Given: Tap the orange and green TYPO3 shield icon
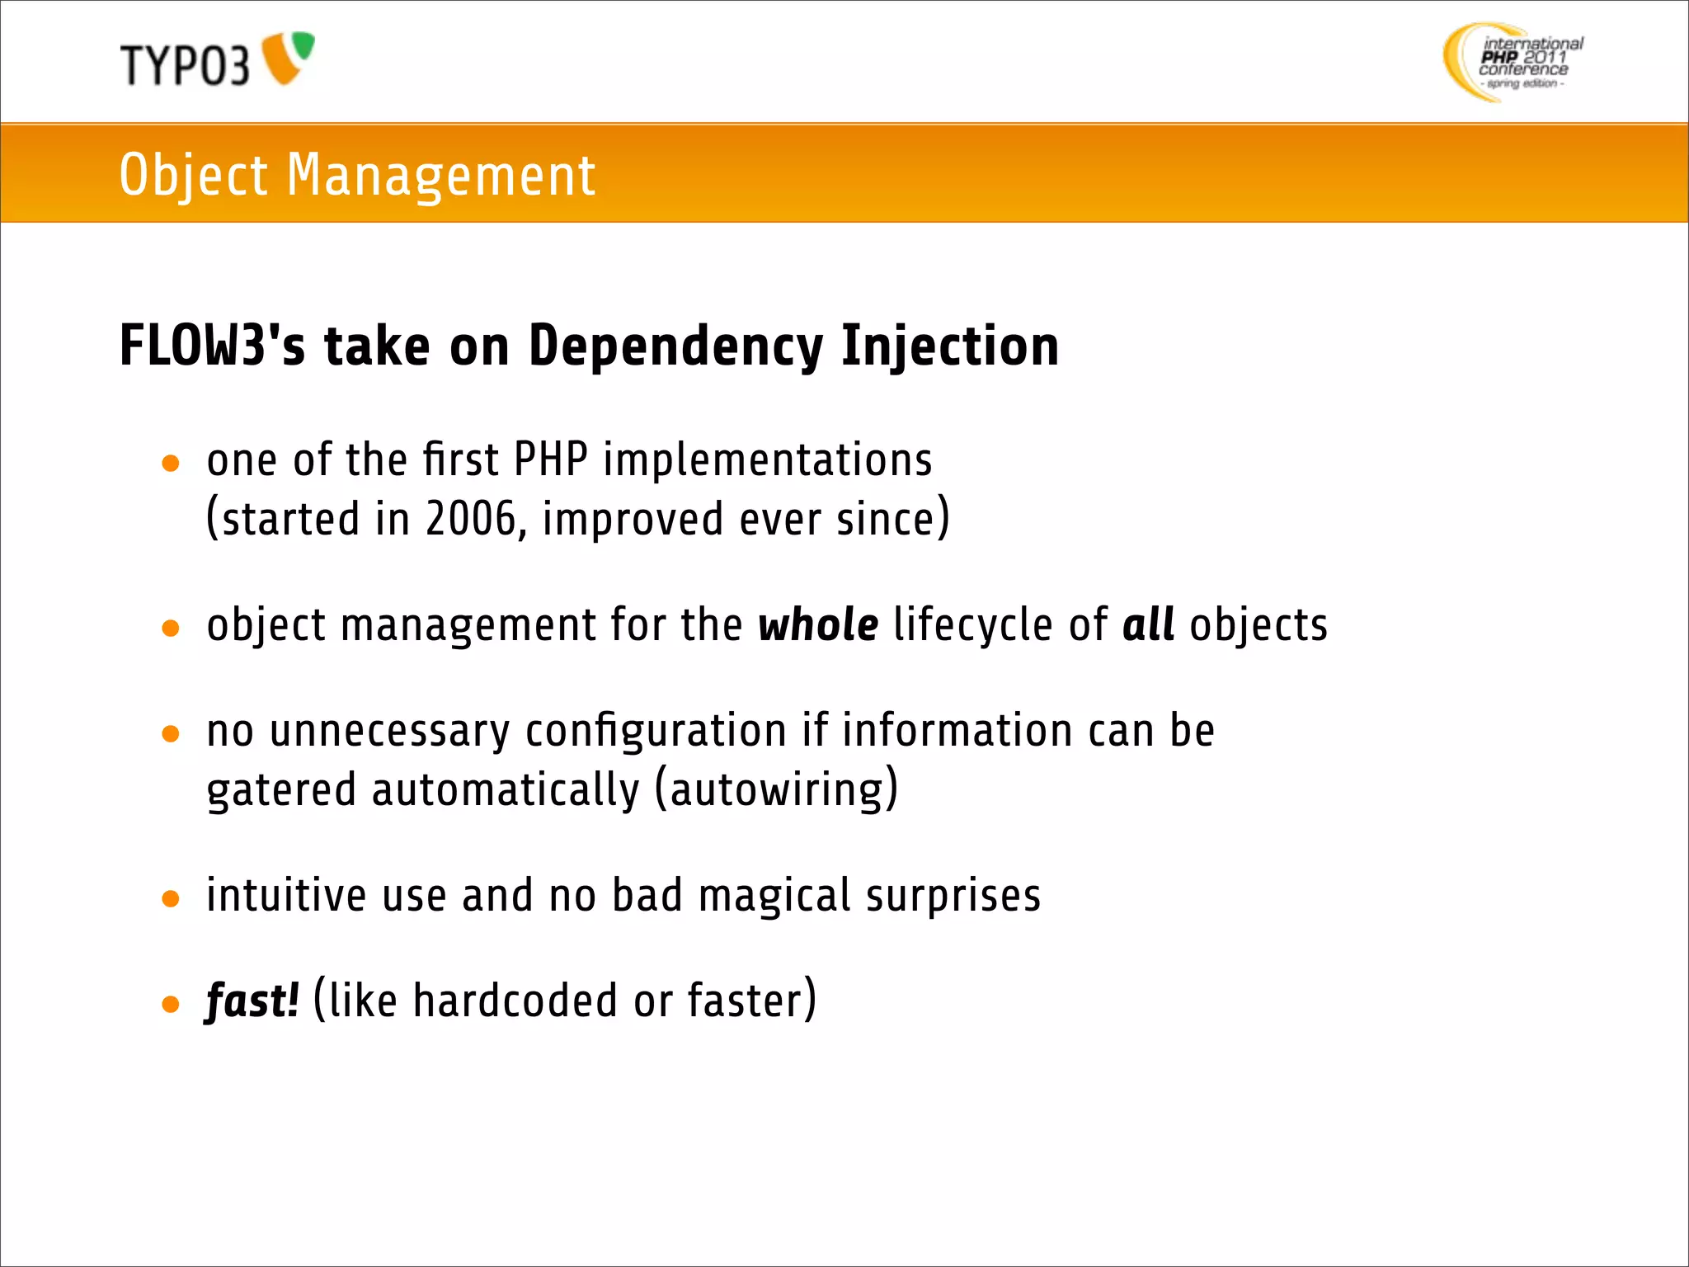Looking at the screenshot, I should click(288, 57).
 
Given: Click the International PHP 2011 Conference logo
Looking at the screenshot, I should click(1513, 62).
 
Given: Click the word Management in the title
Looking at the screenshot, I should click(440, 175).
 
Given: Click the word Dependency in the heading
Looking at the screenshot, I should click(675, 346).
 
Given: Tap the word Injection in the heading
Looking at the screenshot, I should click(950, 346).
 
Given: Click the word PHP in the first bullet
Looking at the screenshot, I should click(550, 459).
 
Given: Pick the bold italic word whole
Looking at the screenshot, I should click(818, 624).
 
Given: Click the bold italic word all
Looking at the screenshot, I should click(1148, 624).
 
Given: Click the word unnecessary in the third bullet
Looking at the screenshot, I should click(389, 731).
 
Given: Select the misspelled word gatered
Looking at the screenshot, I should click(281, 790).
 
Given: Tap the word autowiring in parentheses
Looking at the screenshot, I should click(777, 789).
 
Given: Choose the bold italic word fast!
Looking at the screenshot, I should click(252, 1001).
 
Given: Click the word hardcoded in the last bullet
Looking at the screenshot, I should click(515, 1001).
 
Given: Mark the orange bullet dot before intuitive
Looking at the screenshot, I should click(171, 899).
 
